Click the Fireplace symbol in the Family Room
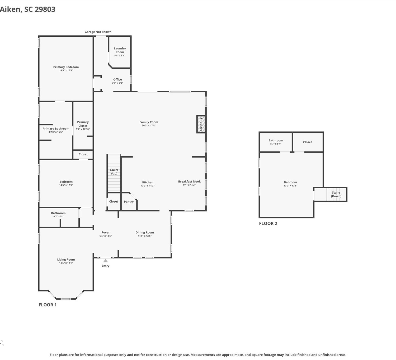pos(201,124)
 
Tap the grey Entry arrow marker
pos(105,261)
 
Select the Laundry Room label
pos(120,50)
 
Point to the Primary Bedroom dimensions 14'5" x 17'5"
pos(66,70)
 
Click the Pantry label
pos(129,201)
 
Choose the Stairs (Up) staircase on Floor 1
pos(114,173)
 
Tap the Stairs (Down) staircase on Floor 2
pos(336,194)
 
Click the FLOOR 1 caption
pos(48,305)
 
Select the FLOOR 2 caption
pos(268,223)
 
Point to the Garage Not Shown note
pos(98,32)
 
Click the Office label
pos(117,79)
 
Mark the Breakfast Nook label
pos(189,181)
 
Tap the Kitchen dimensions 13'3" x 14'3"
pos(148,186)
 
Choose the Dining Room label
pos(145,232)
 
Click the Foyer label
pos(106,232)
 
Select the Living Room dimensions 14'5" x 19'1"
pos(66,263)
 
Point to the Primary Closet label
pos(83,124)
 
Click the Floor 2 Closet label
pos(307,142)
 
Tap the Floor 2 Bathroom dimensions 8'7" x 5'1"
pos(276,144)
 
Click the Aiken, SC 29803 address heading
pos(27,9)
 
